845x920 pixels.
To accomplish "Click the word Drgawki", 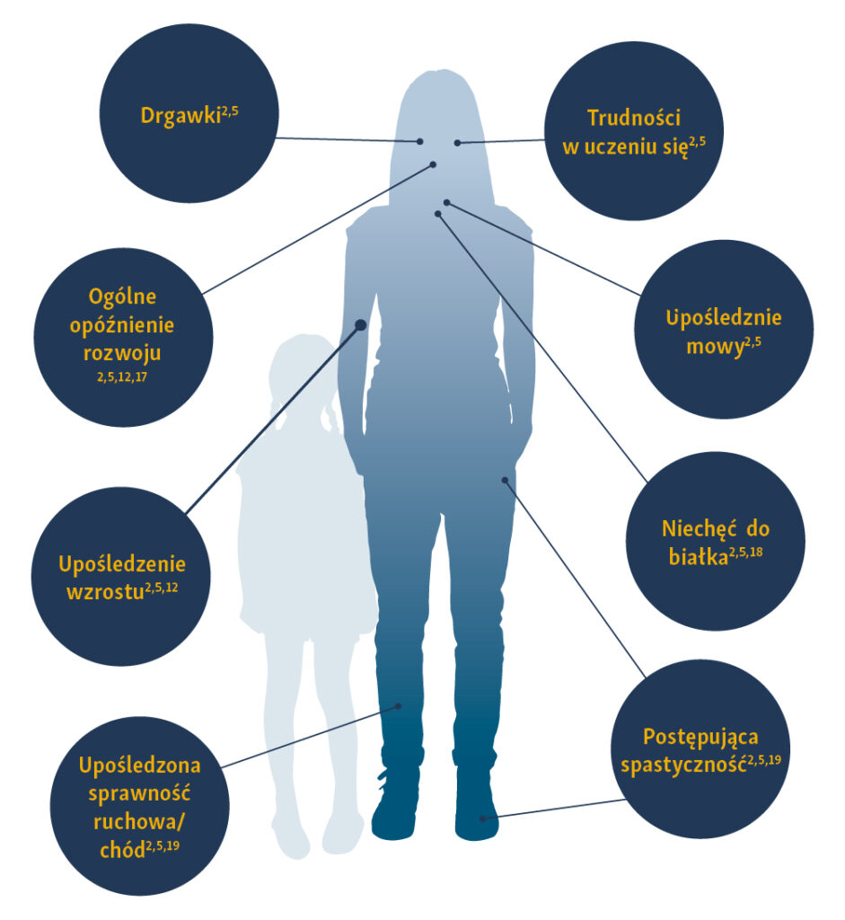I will [180, 117].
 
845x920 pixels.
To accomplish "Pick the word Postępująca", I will [701, 738].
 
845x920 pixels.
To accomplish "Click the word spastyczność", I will [684, 766].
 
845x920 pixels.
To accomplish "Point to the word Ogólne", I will [123, 296].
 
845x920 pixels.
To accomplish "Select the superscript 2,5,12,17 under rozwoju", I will [122, 378].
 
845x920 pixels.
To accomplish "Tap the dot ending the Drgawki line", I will [420, 142].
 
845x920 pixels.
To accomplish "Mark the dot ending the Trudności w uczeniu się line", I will [457, 142].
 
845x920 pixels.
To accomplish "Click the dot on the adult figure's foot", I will [483, 818].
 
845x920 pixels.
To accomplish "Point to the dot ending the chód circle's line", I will [399, 706].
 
